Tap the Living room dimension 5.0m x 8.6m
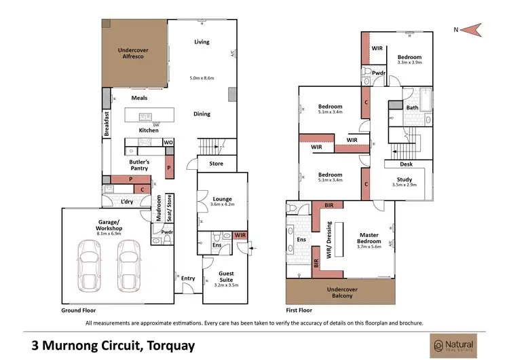coord(202,78)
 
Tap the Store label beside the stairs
coord(216,163)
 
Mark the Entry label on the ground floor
coord(188,278)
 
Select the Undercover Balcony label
coord(340,292)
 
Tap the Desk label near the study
coord(406,164)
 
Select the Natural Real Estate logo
coord(450,345)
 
